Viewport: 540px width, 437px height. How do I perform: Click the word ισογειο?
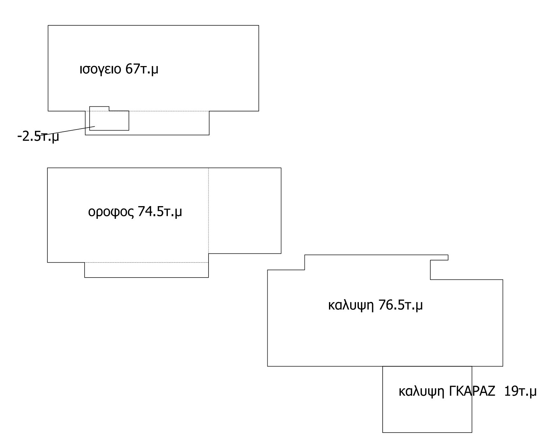pyautogui.click(x=100, y=70)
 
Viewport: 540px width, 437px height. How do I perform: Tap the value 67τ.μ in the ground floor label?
pyautogui.click(x=142, y=69)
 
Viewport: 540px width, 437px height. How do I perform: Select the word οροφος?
pyautogui.click(x=111, y=212)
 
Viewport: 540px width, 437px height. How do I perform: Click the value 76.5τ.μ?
pyautogui.click(x=400, y=306)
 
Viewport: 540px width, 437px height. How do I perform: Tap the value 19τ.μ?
pyautogui.click(x=520, y=392)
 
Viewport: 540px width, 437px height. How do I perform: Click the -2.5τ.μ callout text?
pyautogui.click(x=38, y=137)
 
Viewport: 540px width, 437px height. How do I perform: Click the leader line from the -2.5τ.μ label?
pyautogui.click(x=68, y=131)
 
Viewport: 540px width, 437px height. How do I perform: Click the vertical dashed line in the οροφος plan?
pyautogui.click(x=208, y=211)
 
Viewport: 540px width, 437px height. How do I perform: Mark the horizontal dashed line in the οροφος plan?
pyautogui.click(x=147, y=262)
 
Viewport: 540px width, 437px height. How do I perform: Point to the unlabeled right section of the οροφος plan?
pyautogui.click(x=245, y=211)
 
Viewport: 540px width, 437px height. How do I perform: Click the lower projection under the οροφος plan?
pyautogui.click(x=147, y=277)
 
